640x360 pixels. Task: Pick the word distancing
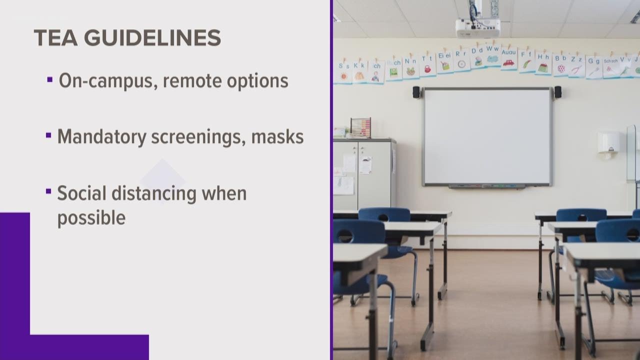[x=154, y=193]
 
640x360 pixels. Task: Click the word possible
[x=91, y=218]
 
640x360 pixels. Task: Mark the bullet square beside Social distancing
[x=49, y=191]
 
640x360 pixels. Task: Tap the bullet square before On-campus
[x=50, y=79]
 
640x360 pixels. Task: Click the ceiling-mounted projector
[x=477, y=28]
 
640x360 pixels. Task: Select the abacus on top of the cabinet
[x=360, y=127]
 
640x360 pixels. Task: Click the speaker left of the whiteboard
[x=416, y=92]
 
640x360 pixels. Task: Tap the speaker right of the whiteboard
[x=557, y=92]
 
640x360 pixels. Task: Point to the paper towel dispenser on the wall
[x=608, y=142]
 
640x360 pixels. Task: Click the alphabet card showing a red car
[x=508, y=59]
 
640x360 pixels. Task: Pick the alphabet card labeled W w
[x=492, y=55]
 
